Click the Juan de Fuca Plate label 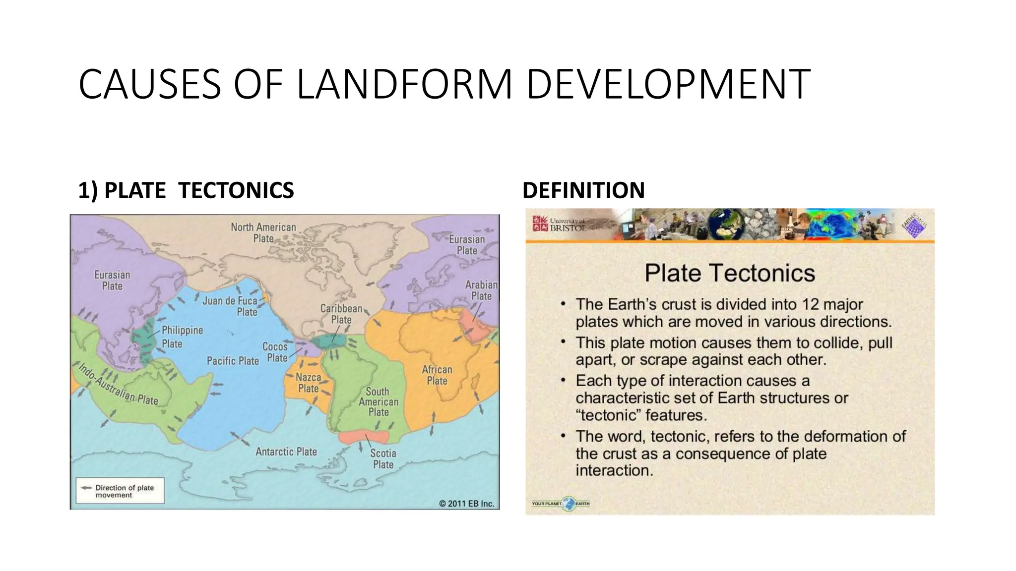(x=230, y=306)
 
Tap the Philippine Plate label (x=182, y=337)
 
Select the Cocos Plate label (x=275, y=352)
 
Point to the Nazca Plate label (x=308, y=383)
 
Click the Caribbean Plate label (x=341, y=314)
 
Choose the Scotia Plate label (x=383, y=458)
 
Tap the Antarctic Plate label (x=286, y=452)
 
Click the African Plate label (x=437, y=375)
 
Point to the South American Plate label (x=379, y=402)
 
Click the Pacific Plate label (x=233, y=361)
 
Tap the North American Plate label (x=263, y=232)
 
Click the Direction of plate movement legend (x=120, y=491)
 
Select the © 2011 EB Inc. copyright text (x=466, y=504)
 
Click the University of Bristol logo (x=559, y=225)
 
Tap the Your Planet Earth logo (x=561, y=504)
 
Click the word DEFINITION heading (x=583, y=190)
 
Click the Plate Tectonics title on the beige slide (x=729, y=273)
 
